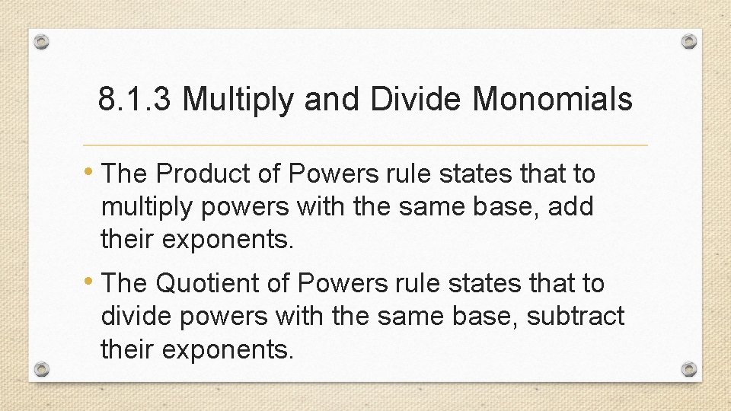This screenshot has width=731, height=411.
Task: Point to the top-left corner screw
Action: pos(42,42)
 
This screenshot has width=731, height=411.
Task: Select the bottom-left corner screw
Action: pos(42,369)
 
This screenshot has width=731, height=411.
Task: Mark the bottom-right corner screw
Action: pos(688,369)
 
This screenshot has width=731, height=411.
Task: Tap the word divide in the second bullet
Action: pos(137,315)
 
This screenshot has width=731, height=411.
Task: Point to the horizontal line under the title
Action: pos(365,145)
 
